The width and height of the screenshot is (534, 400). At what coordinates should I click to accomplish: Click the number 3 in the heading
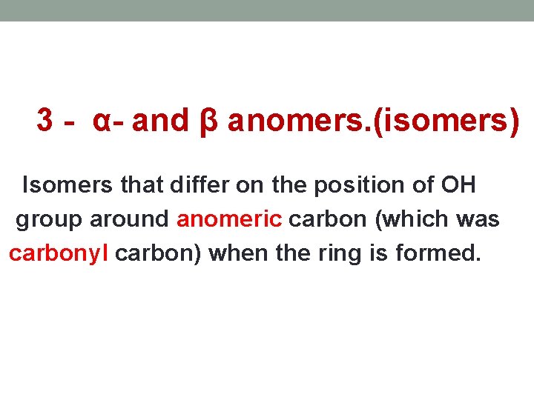coord(44,121)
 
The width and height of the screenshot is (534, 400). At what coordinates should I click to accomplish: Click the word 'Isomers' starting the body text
coord(68,184)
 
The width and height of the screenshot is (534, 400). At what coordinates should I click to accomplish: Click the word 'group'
coord(47,220)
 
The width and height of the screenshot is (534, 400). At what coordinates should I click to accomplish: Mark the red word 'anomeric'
coord(229,219)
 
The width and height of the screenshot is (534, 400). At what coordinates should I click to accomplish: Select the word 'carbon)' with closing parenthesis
coord(159,254)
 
